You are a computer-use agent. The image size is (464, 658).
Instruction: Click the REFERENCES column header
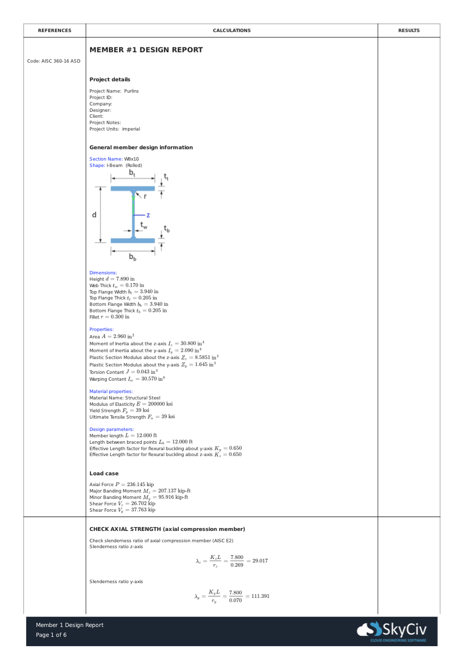click(55, 31)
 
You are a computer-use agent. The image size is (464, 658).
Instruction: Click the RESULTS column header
click(409, 31)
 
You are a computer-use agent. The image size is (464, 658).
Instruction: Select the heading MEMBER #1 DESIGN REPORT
click(146, 50)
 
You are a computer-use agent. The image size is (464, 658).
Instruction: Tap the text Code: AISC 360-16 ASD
click(54, 61)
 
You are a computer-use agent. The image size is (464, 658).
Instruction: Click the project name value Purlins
click(132, 91)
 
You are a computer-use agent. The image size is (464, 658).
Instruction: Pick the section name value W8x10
click(132, 159)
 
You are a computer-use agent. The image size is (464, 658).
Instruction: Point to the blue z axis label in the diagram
click(148, 215)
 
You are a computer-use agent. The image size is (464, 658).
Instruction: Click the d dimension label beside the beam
click(94, 215)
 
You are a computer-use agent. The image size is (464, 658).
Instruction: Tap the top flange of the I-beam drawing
click(133, 189)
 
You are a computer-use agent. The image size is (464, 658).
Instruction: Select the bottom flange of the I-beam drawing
click(133, 240)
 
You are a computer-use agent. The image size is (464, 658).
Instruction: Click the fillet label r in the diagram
click(145, 196)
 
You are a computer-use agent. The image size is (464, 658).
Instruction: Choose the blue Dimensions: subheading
click(103, 273)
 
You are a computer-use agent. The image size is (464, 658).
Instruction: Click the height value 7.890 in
click(125, 279)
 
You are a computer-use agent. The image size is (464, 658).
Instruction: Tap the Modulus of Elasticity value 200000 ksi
click(160, 404)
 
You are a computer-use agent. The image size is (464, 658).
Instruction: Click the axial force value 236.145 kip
click(140, 485)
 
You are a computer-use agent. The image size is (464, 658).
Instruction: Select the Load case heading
click(104, 473)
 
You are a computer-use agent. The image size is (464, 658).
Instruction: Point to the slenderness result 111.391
click(261, 596)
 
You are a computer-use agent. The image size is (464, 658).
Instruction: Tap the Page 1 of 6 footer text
click(51, 635)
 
